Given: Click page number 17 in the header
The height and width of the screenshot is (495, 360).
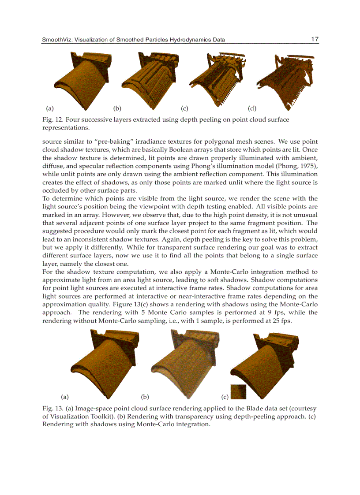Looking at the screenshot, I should pyautogui.click(x=314, y=39).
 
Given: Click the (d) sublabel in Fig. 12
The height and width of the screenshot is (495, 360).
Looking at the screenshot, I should pyautogui.click(x=252, y=108).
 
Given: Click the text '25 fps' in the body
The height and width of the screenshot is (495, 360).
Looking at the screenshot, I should pyautogui.click(x=281, y=320).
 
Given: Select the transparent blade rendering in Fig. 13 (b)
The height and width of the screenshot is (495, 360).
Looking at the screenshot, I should pyautogui.click(x=185, y=364).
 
